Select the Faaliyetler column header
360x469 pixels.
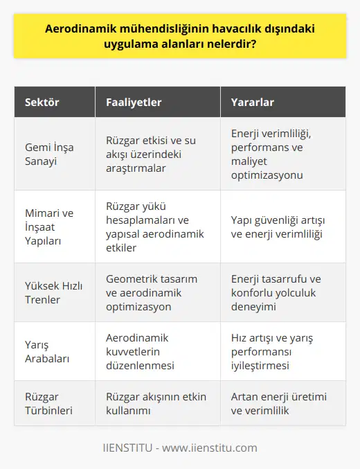click(x=134, y=103)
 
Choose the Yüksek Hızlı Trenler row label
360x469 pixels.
click(x=50, y=292)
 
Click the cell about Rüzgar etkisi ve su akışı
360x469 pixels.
click(x=152, y=153)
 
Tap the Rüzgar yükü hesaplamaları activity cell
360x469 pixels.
click(x=155, y=226)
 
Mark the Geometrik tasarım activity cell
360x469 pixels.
click(x=152, y=292)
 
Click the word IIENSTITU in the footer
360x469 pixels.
click(x=131, y=447)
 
